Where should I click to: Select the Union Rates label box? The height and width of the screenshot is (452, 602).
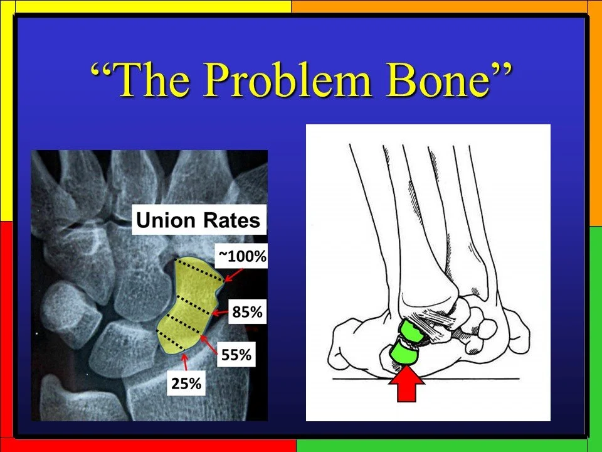199,220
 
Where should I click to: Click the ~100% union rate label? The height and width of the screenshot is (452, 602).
242,256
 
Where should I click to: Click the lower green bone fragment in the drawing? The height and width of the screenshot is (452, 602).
402,355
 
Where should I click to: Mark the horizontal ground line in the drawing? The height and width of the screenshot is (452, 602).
477,379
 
